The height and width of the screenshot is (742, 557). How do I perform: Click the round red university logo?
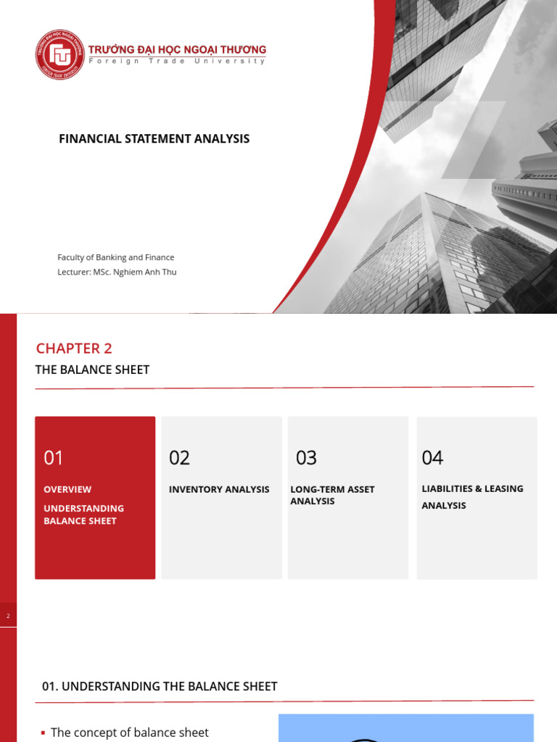click(x=60, y=54)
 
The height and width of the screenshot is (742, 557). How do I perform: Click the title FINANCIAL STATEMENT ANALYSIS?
click(x=154, y=138)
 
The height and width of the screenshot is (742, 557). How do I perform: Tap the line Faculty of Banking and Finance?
click(x=116, y=257)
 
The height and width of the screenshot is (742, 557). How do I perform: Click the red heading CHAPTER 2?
click(x=74, y=348)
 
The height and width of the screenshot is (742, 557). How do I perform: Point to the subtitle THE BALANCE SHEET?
click(x=92, y=370)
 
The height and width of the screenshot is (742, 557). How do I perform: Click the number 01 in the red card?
click(x=54, y=457)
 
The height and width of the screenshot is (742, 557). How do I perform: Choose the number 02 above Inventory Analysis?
click(x=179, y=457)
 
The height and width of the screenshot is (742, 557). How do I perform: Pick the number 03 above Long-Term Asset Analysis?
click(x=306, y=457)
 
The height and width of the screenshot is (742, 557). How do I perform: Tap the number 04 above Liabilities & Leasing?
click(x=432, y=457)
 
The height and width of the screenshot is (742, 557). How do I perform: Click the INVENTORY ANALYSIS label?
click(x=219, y=489)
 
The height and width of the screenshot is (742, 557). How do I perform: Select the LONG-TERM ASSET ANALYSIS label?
click(x=332, y=495)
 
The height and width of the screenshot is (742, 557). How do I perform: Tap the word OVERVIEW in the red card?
click(x=67, y=489)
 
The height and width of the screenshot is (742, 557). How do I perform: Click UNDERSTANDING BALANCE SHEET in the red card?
click(x=83, y=514)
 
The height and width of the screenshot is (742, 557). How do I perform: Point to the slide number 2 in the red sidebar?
click(x=8, y=616)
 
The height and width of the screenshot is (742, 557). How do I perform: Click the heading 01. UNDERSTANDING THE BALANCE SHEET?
click(x=160, y=686)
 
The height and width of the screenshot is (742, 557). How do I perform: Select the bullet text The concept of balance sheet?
click(x=129, y=733)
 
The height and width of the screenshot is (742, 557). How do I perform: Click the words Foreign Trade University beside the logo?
click(x=177, y=61)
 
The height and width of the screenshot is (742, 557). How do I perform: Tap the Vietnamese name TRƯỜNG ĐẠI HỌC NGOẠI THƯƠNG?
click(x=177, y=49)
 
